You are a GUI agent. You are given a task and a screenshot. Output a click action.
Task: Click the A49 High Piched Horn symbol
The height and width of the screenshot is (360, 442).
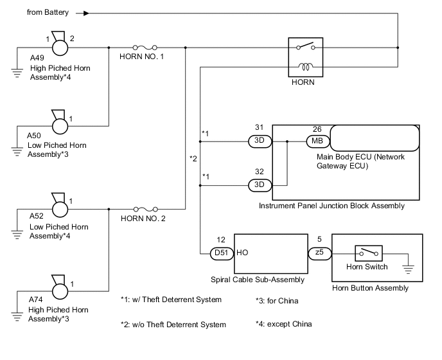pyautogui.click(x=60, y=46)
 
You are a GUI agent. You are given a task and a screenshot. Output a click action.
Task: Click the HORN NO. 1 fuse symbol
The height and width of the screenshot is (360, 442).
pyautogui.click(x=145, y=47)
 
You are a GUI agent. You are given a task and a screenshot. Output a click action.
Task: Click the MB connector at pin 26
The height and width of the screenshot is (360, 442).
pyautogui.click(x=317, y=139)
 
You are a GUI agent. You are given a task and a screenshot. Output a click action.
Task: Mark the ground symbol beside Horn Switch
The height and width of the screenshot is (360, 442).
pyautogui.click(x=408, y=265)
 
